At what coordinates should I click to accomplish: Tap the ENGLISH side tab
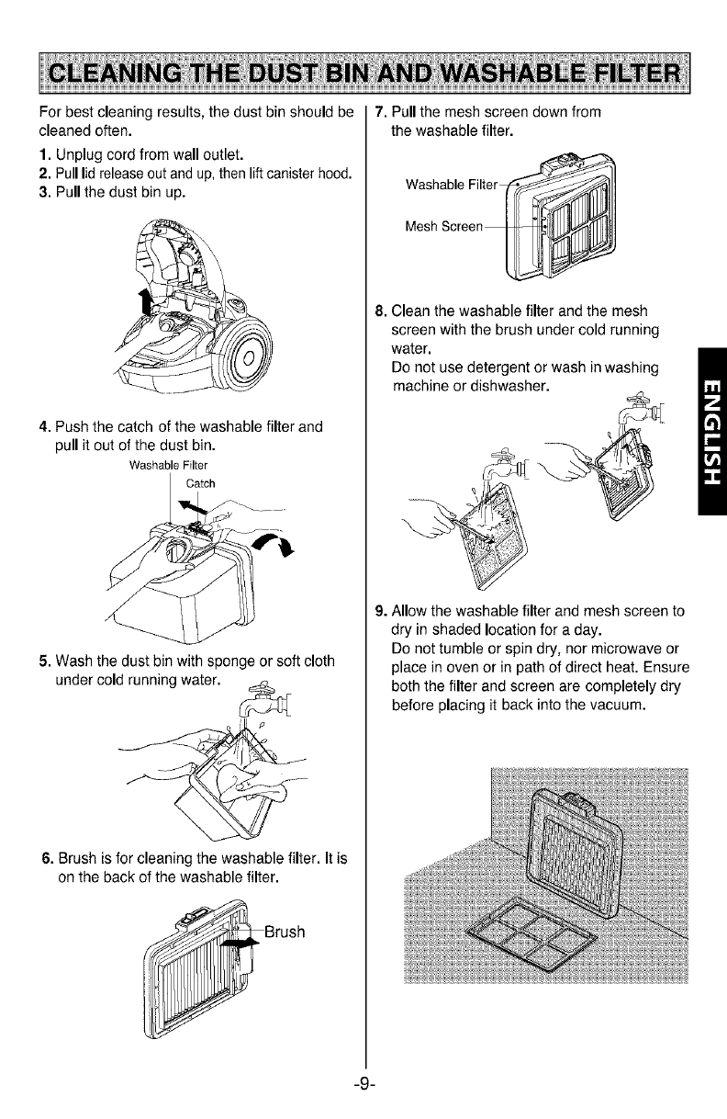pos(710,432)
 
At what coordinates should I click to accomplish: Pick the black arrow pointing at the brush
pos(241,944)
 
